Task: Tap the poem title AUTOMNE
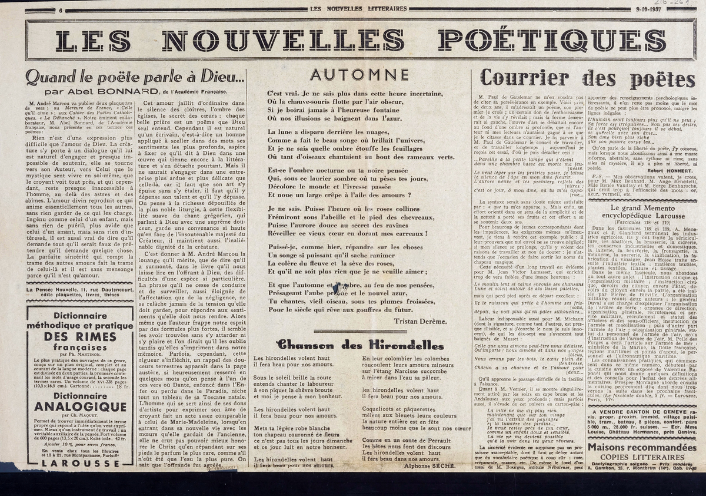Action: tap(358, 75)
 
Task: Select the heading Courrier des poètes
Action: tap(580, 78)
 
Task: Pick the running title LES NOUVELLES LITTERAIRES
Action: tap(358, 8)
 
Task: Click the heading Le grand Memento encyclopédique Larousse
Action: tap(642, 212)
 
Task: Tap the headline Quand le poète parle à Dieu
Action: tap(135, 77)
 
